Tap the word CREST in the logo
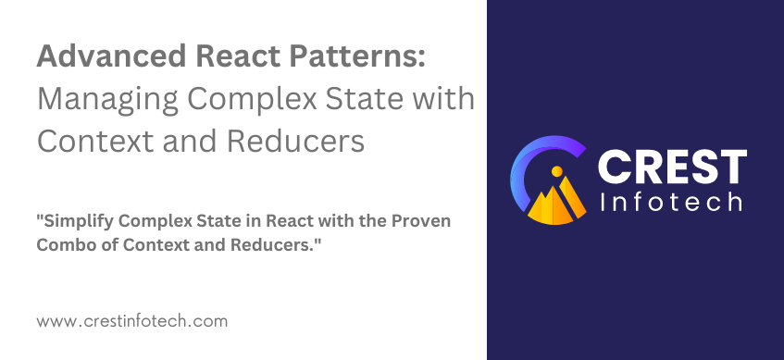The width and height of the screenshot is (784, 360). (672, 168)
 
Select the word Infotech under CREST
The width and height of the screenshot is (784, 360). (672, 201)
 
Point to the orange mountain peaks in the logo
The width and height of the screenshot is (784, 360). (561, 199)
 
